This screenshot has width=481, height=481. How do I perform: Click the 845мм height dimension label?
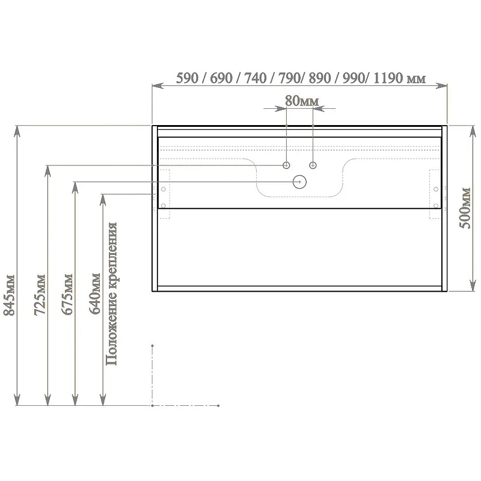point(9,295)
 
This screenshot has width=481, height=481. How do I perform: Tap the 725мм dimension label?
point(40,295)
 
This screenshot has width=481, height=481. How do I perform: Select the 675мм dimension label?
point(67,294)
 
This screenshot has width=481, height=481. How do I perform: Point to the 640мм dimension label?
point(95,293)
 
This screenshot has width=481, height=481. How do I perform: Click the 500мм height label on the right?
point(465,207)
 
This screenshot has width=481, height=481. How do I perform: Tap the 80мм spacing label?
point(302,101)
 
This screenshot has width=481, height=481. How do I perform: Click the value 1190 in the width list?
point(388,78)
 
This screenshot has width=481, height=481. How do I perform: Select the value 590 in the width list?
point(187,78)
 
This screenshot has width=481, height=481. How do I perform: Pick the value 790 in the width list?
point(289,78)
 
